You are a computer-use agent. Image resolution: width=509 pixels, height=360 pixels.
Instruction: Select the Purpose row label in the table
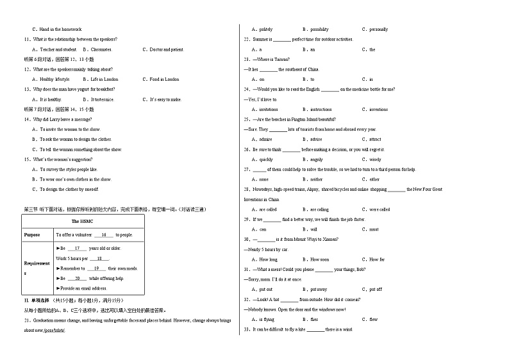tap(32, 235)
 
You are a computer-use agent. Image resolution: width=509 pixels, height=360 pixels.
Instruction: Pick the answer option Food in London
tap(164, 79)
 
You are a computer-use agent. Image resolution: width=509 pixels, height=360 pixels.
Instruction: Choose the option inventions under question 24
tap(378, 110)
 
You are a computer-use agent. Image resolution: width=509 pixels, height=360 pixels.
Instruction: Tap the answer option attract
tap(375, 139)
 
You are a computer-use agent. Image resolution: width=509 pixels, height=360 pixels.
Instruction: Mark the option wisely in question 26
tap(375, 160)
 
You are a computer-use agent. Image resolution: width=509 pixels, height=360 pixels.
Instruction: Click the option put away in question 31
tap(318, 290)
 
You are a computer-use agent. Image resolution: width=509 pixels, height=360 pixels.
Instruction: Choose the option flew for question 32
tap(373, 319)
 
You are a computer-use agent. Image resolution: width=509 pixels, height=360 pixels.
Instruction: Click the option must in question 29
tap(374, 229)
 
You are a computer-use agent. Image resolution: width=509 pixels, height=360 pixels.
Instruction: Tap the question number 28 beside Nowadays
tap(246, 190)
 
